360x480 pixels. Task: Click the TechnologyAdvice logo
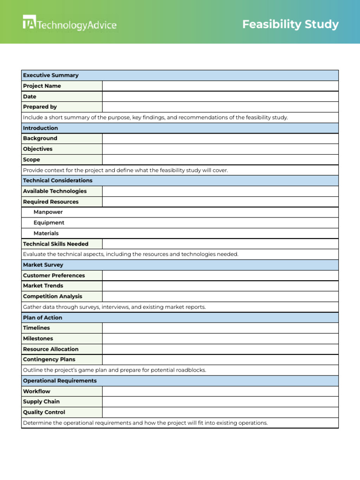69,23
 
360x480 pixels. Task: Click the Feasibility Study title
290,24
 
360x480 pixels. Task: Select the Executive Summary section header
51,75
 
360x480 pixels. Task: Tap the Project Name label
42,86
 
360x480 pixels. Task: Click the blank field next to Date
220,97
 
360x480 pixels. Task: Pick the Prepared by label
40,107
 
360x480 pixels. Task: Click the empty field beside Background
220,138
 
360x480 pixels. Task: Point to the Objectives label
37,149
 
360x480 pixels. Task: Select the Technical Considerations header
58,180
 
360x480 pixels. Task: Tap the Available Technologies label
55,191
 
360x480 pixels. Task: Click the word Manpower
48,212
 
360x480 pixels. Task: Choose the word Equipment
49,223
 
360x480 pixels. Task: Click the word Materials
46,233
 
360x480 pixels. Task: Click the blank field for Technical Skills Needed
220,244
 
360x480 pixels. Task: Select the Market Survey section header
43,265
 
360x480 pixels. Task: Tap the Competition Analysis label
52,296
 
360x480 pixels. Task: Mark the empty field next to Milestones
220,338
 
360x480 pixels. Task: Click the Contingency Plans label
49,360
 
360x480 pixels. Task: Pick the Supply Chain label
41,402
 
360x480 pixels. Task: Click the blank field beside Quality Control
220,412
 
